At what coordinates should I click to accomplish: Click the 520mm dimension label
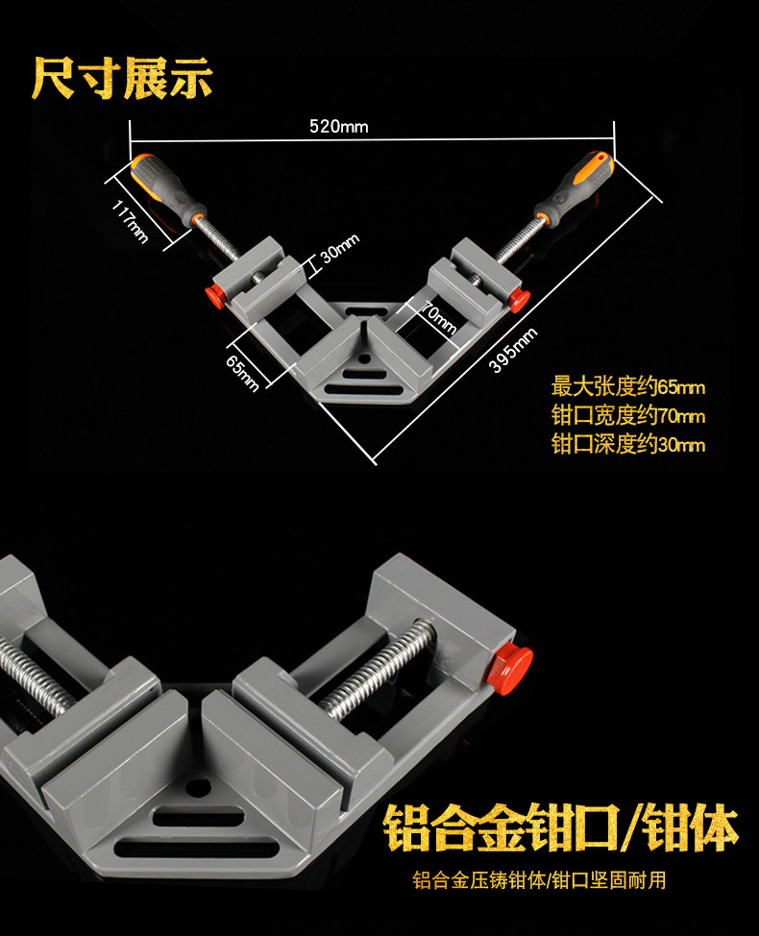coord(338,127)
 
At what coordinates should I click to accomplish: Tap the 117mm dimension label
coord(130,222)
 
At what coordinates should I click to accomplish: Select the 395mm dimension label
coord(513,350)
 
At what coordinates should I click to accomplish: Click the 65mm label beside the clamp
coord(242,374)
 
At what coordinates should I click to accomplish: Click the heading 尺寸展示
coord(122,78)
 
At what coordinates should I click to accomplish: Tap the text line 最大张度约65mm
coord(627,387)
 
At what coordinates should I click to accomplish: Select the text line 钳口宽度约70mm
coord(627,415)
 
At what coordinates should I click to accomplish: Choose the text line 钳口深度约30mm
coord(627,444)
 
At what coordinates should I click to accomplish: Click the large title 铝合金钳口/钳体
coord(560,827)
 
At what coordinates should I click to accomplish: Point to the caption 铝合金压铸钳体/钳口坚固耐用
coord(539,880)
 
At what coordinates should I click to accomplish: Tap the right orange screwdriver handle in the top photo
coord(574,186)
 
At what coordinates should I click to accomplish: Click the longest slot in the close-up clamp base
coord(197,848)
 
